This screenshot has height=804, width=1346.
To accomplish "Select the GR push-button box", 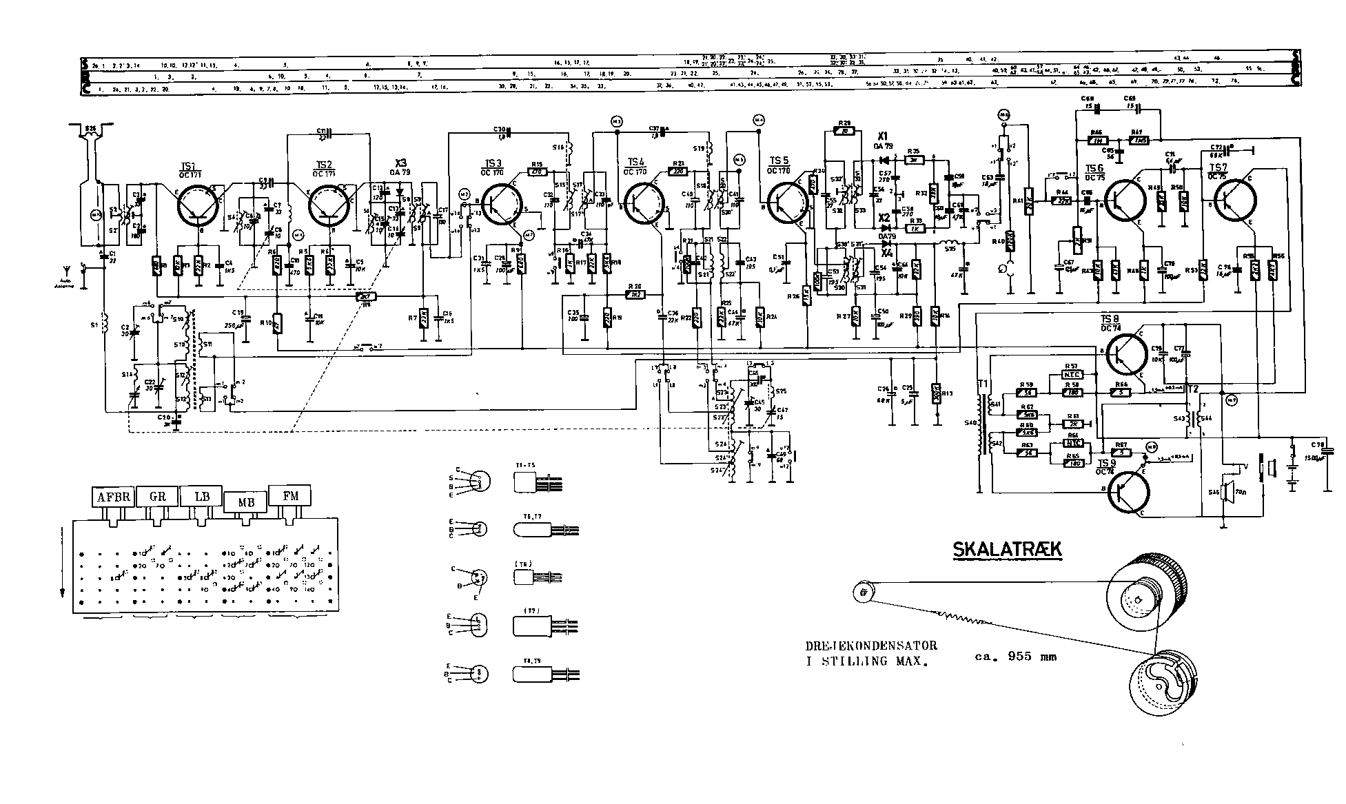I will [157, 497].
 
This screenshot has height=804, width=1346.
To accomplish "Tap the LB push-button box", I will [201, 497].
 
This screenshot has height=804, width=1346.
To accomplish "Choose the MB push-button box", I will [245, 502].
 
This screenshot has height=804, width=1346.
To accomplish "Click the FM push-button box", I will [289, 495].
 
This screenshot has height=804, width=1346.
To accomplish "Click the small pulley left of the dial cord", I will [863, 590].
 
